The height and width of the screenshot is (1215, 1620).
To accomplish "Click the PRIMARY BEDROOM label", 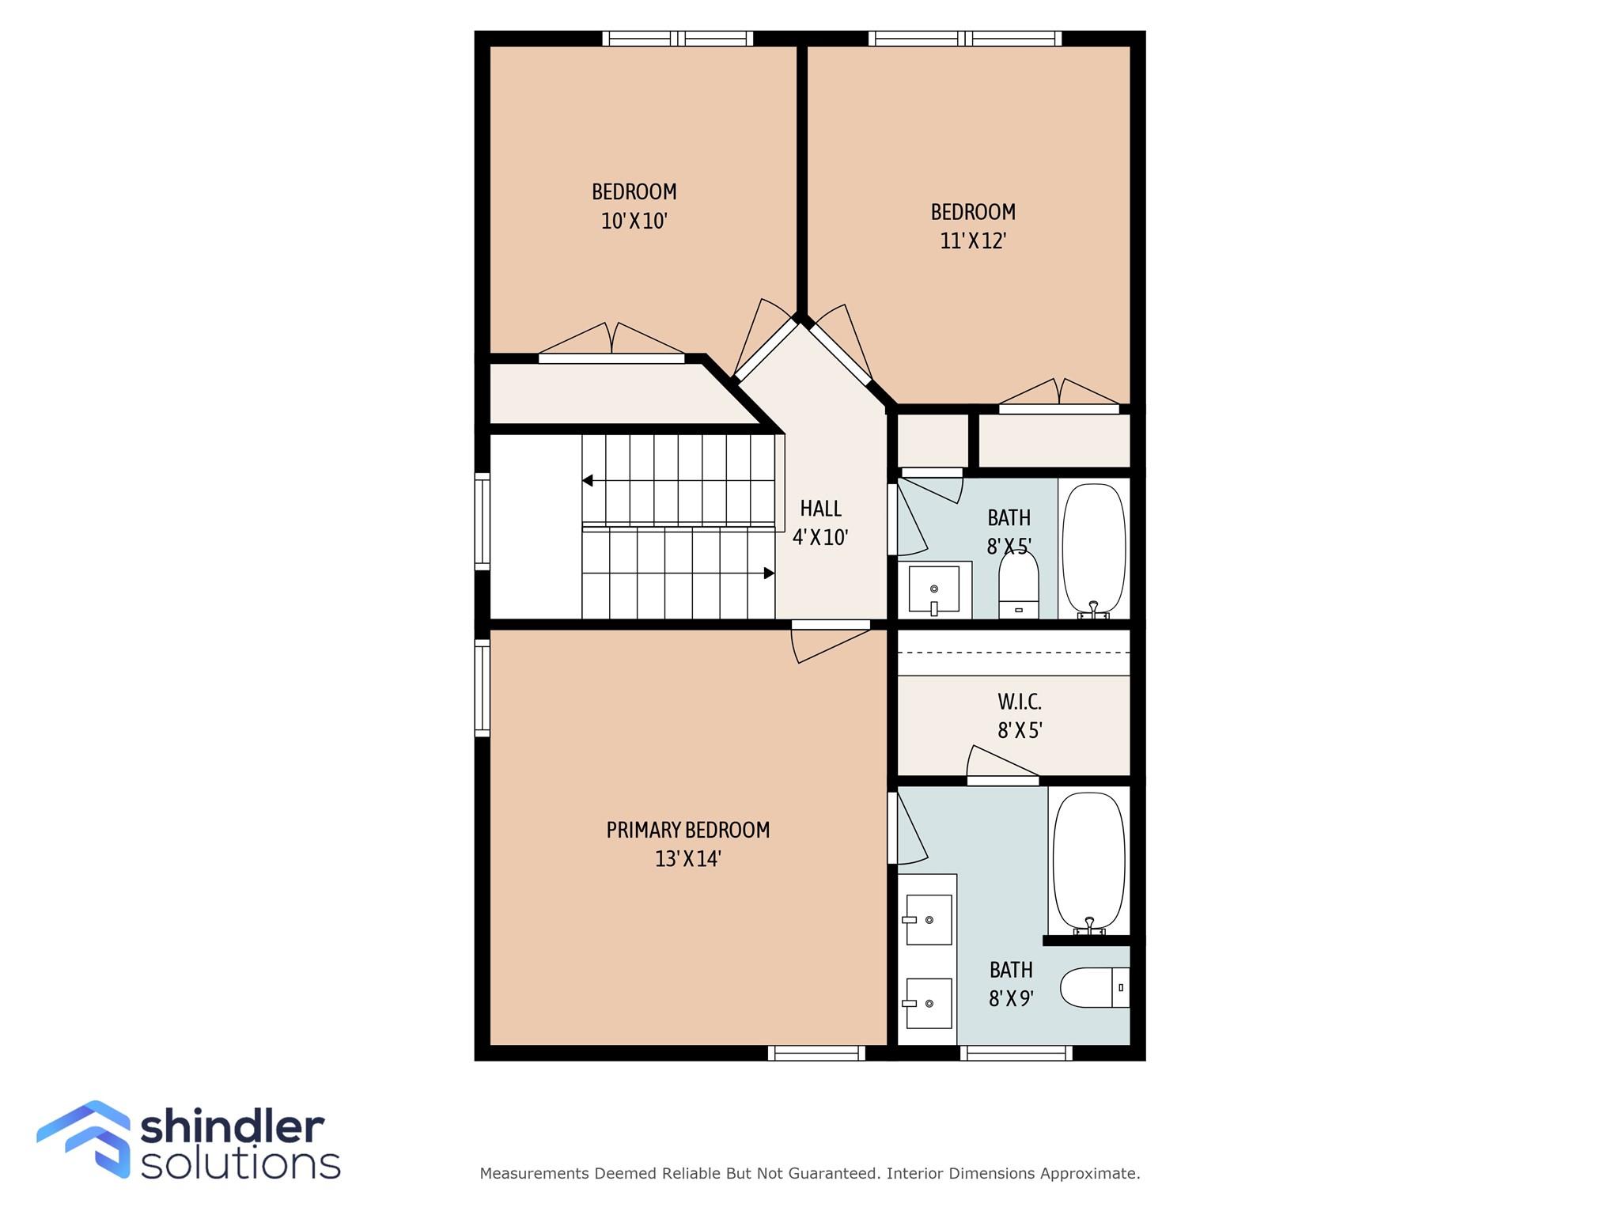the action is (x=687, y=830).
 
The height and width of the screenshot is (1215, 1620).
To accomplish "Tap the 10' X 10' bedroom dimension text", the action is (x=634, y=221).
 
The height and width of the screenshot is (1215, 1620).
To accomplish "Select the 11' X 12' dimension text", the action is (x=973, y=240).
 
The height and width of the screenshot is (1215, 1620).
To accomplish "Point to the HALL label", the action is (x=820, y=508).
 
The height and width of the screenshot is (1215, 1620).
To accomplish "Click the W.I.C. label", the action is (x=1020, y=702).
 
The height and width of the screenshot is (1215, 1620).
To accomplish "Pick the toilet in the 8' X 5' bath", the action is (x=1019, y=585).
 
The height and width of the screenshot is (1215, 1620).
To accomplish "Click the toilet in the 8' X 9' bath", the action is (x=1095, y=987).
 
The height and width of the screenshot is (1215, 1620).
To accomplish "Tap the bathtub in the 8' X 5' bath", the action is (x=1094, y=551).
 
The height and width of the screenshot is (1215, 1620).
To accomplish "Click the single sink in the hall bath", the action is (x=934, y=589).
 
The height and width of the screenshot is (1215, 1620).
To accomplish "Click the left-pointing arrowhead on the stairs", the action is (x=587, y=480).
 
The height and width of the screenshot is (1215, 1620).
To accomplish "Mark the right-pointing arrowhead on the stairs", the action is (x=769, y=573).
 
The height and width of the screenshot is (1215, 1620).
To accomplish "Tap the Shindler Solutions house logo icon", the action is (x=84, y=1138).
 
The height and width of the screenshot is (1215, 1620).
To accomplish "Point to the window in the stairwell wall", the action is (x=482, y=521).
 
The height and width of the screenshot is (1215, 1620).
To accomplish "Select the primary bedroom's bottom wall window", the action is (x=816, y=1053).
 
